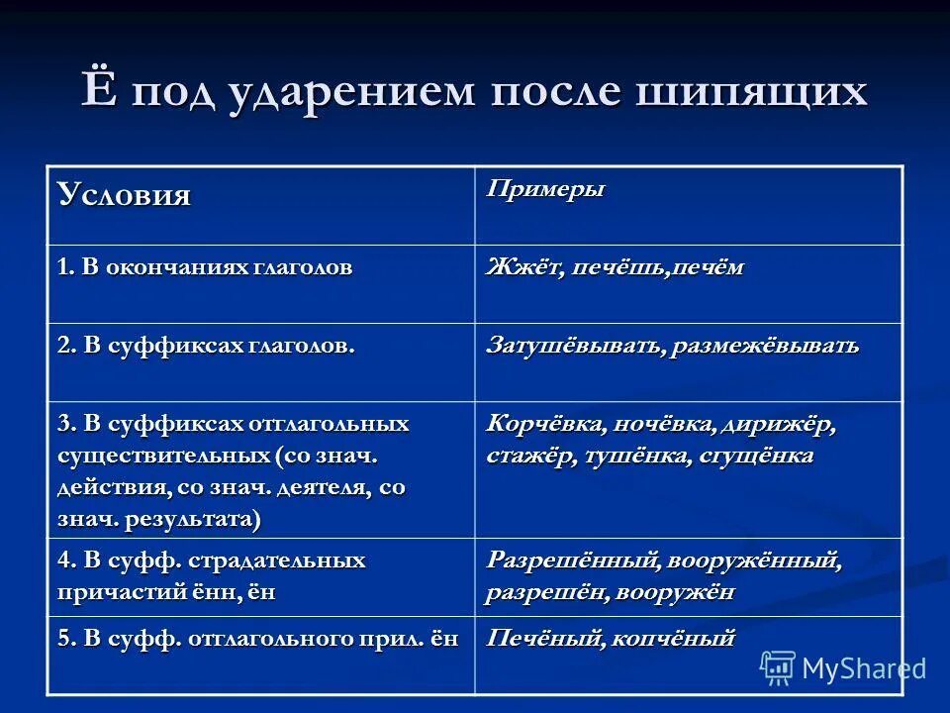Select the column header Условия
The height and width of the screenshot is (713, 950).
point(125,194)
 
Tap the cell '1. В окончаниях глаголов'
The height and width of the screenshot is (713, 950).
point(204,267)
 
